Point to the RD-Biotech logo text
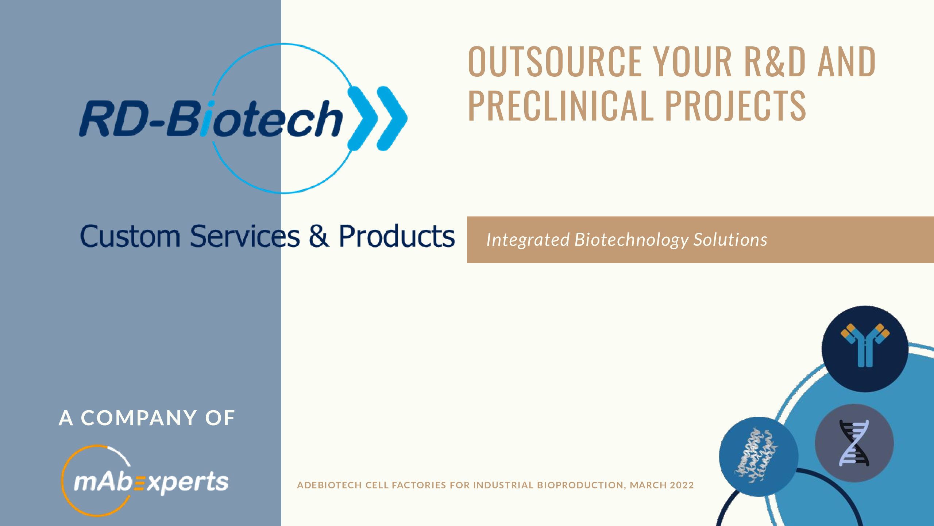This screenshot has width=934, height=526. tap(211, 118)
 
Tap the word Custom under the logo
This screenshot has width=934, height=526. tap(130, 236)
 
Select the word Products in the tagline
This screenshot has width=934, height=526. tap(397, 236)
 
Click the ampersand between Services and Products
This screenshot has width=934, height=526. tap(319, 236)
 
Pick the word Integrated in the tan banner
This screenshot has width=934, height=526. tap(528, 240)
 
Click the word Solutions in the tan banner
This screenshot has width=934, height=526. tap(730, 240)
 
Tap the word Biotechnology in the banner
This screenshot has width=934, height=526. tap(631, 240)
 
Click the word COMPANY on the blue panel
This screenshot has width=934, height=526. tap(139, 418)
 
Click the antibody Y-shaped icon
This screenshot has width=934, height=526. tap(865, 345)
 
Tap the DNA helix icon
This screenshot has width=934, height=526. tap(854, 443)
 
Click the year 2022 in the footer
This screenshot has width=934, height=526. tap(682, 485)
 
